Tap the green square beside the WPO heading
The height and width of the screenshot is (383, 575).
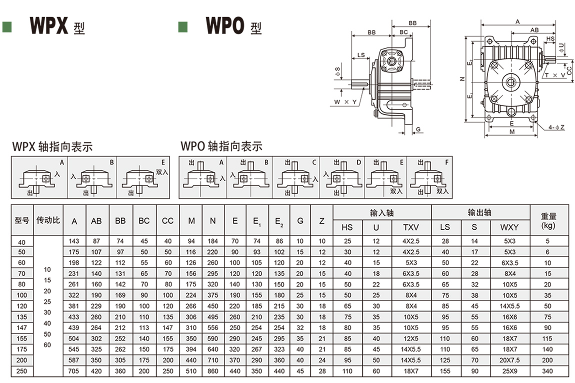pyautogui.click(x=182, y=27)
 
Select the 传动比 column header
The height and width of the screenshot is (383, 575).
pyautogui.click(x=48, y=220)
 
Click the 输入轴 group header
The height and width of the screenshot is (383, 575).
pyautogui.click(x=381, y=213)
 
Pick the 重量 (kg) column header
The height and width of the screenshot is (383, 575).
pyautogui.click(x=548, y=220)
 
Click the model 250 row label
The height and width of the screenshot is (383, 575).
pyautogui.click(x=21, y=371)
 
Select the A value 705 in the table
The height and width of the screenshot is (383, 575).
pyautogui.click(x=73, y=371)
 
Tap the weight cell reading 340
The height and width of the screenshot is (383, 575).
pyautogui.click(x=547, y=371)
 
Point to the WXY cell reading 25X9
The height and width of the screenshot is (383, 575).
pyautogui.click(x=509, y=371)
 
